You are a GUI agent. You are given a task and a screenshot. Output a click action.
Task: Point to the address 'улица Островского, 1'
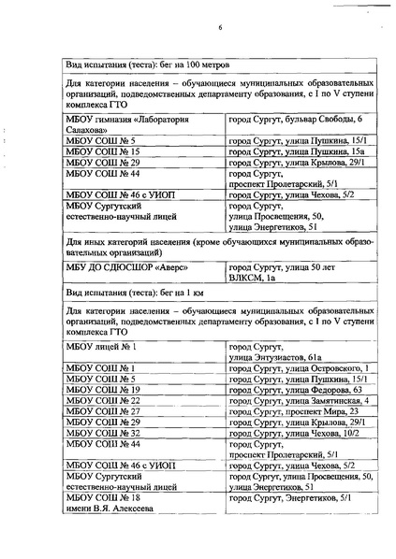click(x=325, y=369)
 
